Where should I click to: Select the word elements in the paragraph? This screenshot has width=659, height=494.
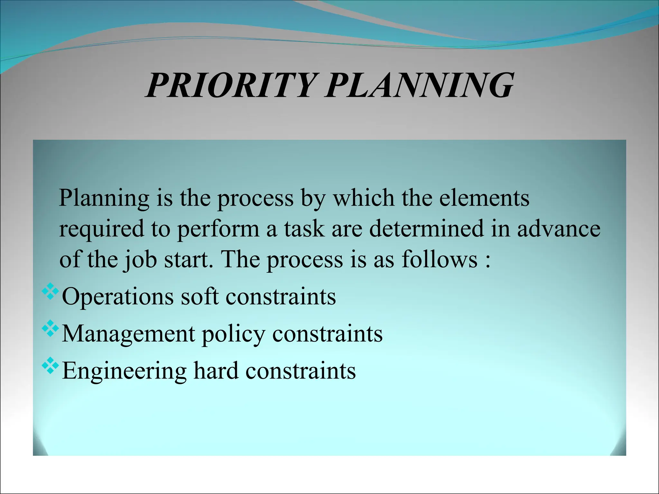[484, 198]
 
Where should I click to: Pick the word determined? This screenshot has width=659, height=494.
[426, 228]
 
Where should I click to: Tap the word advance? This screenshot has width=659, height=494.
[559, 228]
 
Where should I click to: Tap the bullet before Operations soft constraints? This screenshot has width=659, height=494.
[51, 291]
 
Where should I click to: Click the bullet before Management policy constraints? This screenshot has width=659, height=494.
[51, 328]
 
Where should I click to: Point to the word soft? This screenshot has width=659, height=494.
[200, 296]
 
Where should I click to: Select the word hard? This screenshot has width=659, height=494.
[216, 371]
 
